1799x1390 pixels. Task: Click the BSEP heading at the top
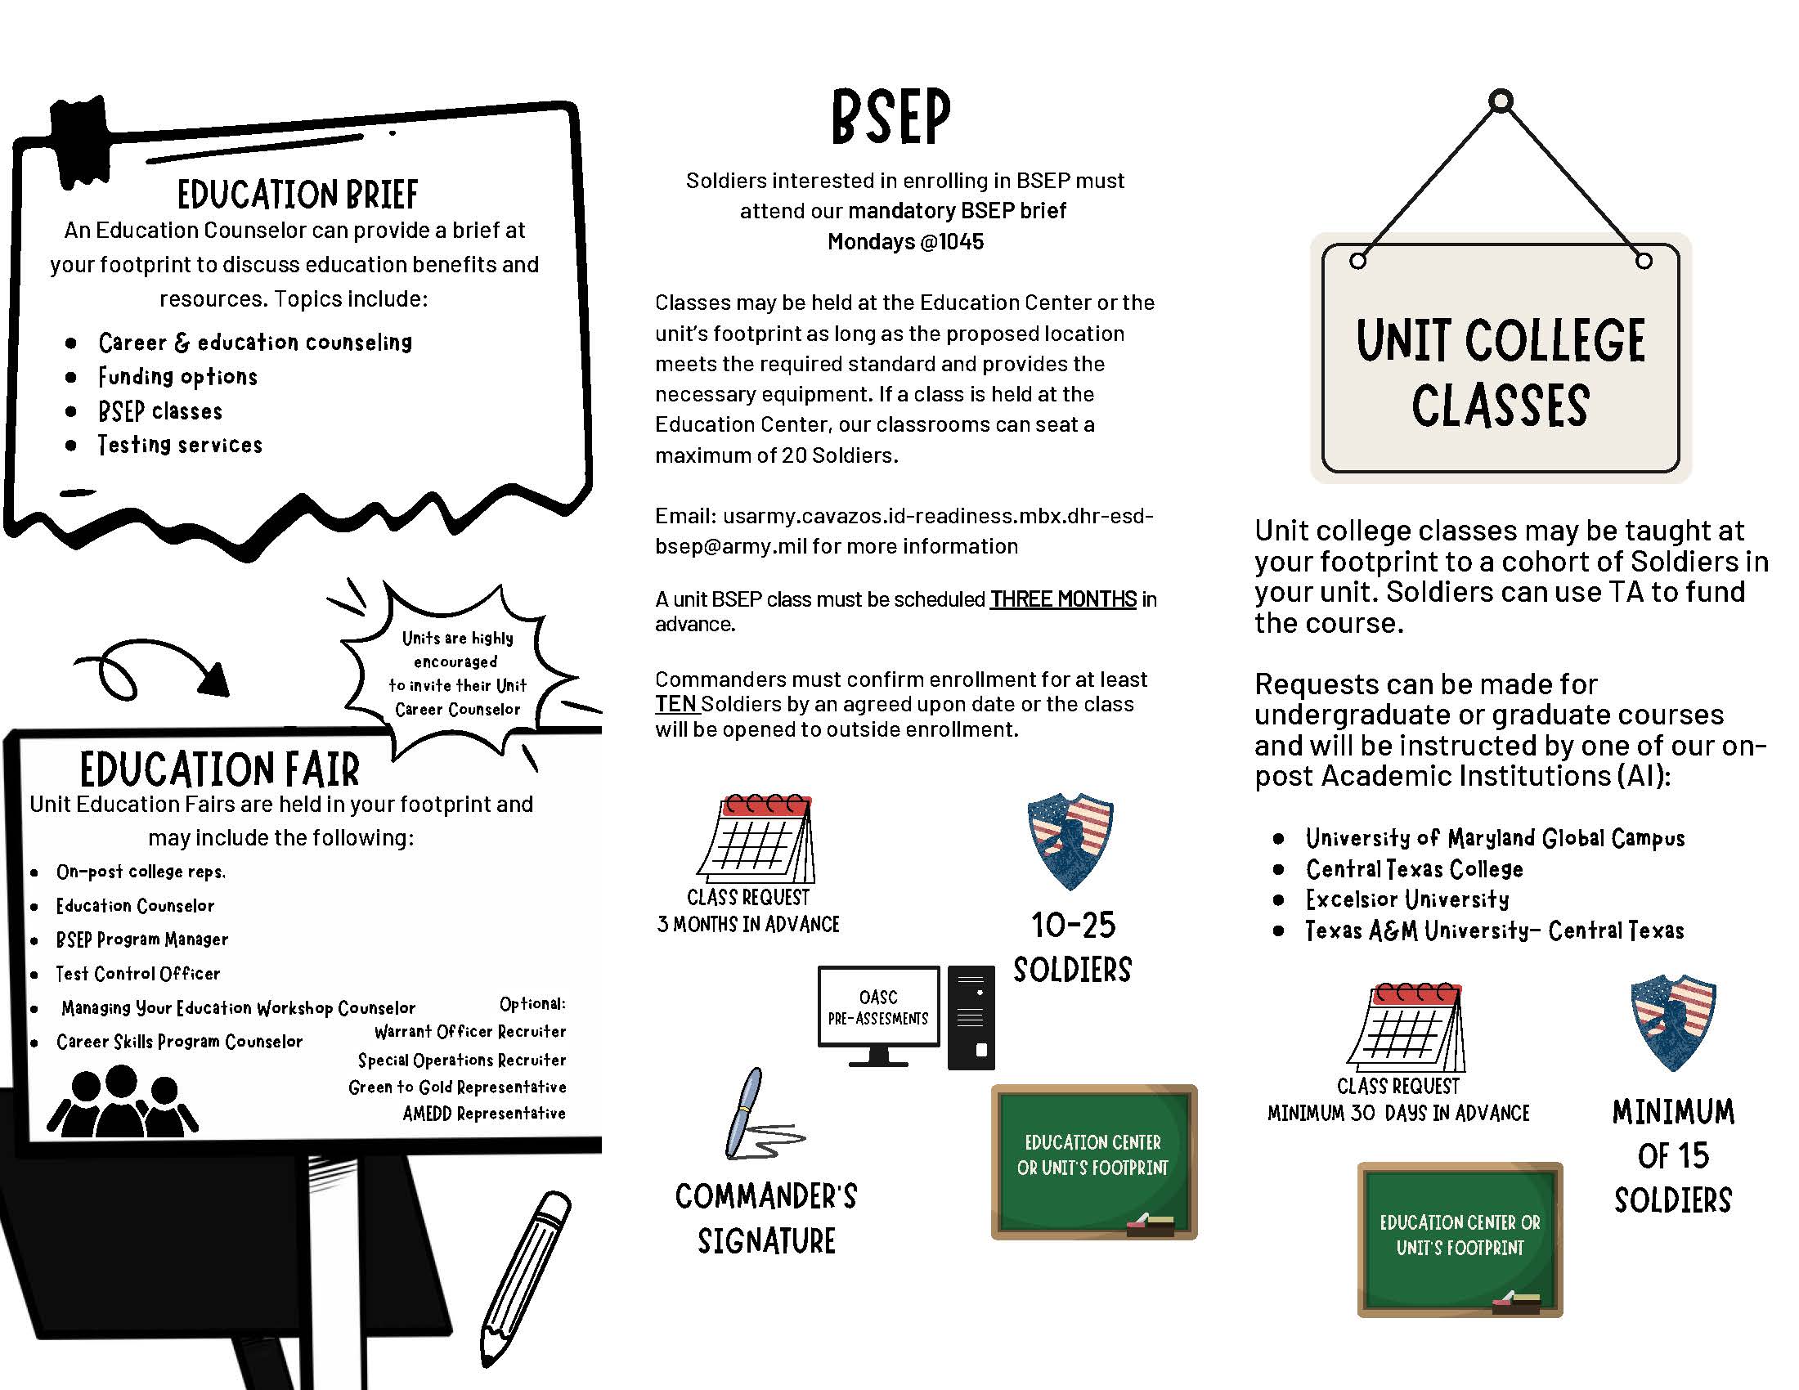891,117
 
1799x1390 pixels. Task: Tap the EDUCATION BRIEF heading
298,195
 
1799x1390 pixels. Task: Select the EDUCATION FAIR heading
220,769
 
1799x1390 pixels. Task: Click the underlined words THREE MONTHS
1062,599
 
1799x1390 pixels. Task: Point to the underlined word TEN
675,705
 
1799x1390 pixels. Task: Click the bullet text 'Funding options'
178,377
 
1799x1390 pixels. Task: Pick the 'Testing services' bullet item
181,445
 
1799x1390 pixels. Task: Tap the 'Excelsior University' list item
1407,899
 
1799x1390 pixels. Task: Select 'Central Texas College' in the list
1415,868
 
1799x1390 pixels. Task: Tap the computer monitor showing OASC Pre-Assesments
879,1016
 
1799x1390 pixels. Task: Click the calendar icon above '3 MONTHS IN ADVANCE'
757,838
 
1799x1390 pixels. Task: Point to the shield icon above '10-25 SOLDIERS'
1070,841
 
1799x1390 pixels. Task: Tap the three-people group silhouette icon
122,1102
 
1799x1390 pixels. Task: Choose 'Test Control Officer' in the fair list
137,973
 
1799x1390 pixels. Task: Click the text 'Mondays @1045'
905,242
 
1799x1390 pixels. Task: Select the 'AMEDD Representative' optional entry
483,1114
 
